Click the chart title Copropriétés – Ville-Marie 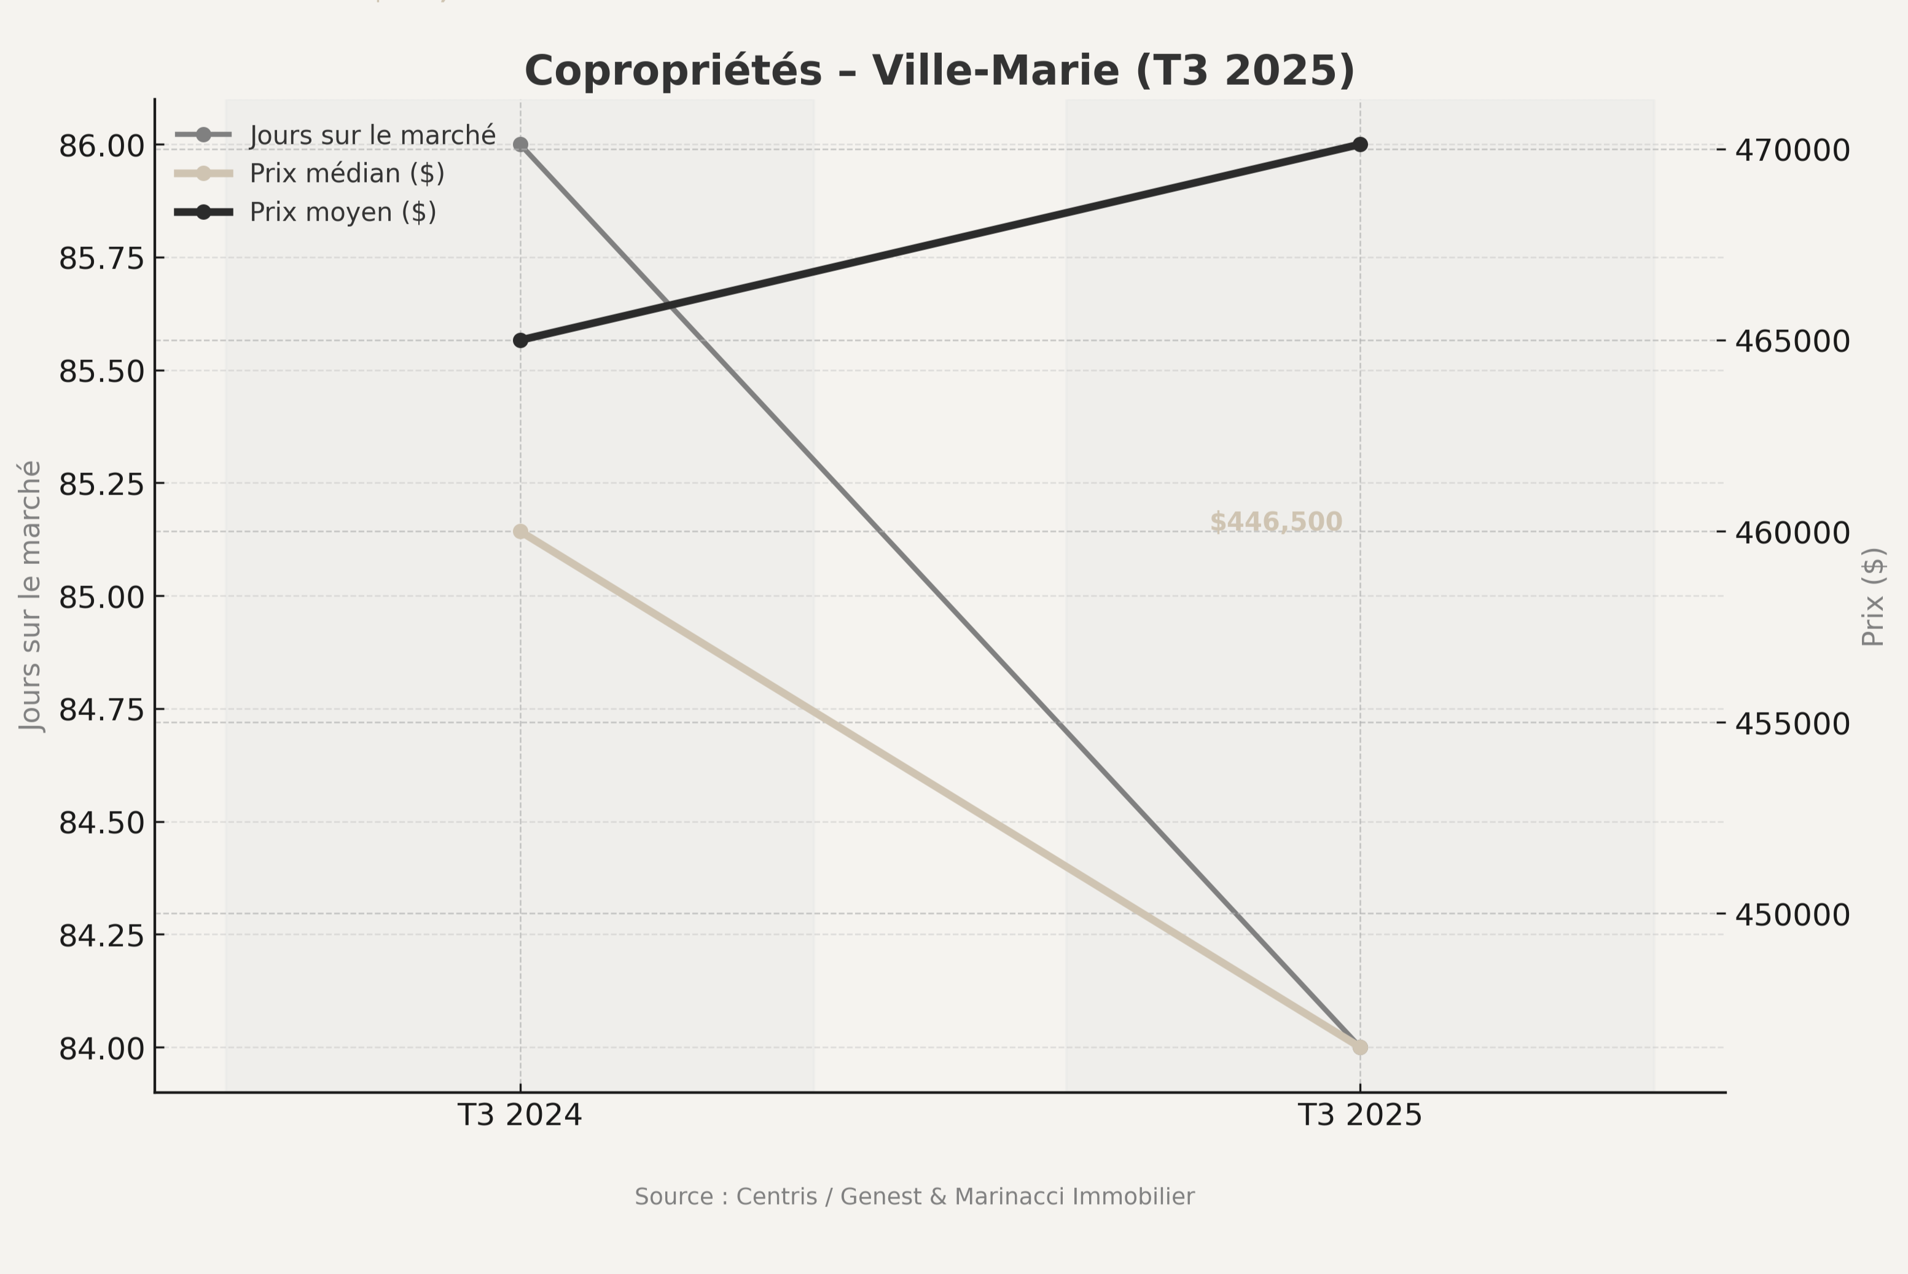coord(939,71)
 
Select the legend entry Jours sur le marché coord(372,135)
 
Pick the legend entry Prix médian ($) coord(347,174)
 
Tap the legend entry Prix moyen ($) coord(342,212)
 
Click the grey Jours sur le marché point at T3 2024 coord(521,144)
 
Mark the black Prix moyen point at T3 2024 coord(521,340)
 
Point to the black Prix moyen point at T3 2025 coord(1360,144)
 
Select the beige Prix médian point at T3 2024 coord(521,532)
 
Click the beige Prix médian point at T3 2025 coord(1360,1047)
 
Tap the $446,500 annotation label coord(1276,522)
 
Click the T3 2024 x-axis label coord(520,1116)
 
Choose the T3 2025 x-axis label coord(1360,1116)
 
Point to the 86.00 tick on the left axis coord(101,146)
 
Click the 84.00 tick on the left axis coord(101,1049)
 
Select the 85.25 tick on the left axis coord(101,484)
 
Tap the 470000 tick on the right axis coord(1792,150)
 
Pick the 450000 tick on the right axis coord(1792,915)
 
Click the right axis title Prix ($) coord(1873,597)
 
